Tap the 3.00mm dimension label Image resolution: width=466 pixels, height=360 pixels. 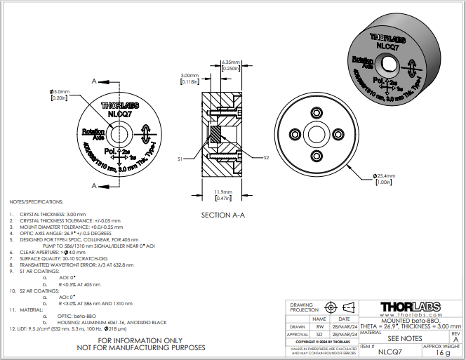tap(189, 75)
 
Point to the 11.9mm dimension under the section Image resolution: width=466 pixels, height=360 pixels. tap(222, 192)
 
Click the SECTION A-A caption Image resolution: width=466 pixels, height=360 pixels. tap(222, 215)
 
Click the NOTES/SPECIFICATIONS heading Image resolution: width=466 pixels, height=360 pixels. tap(35, 201)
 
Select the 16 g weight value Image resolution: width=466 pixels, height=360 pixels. tap(442, 353)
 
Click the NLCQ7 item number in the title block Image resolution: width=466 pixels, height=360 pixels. tap(389, 353)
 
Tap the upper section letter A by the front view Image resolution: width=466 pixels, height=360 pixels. tap(95, 81)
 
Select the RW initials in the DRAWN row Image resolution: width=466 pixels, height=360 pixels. tap(320, 326)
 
